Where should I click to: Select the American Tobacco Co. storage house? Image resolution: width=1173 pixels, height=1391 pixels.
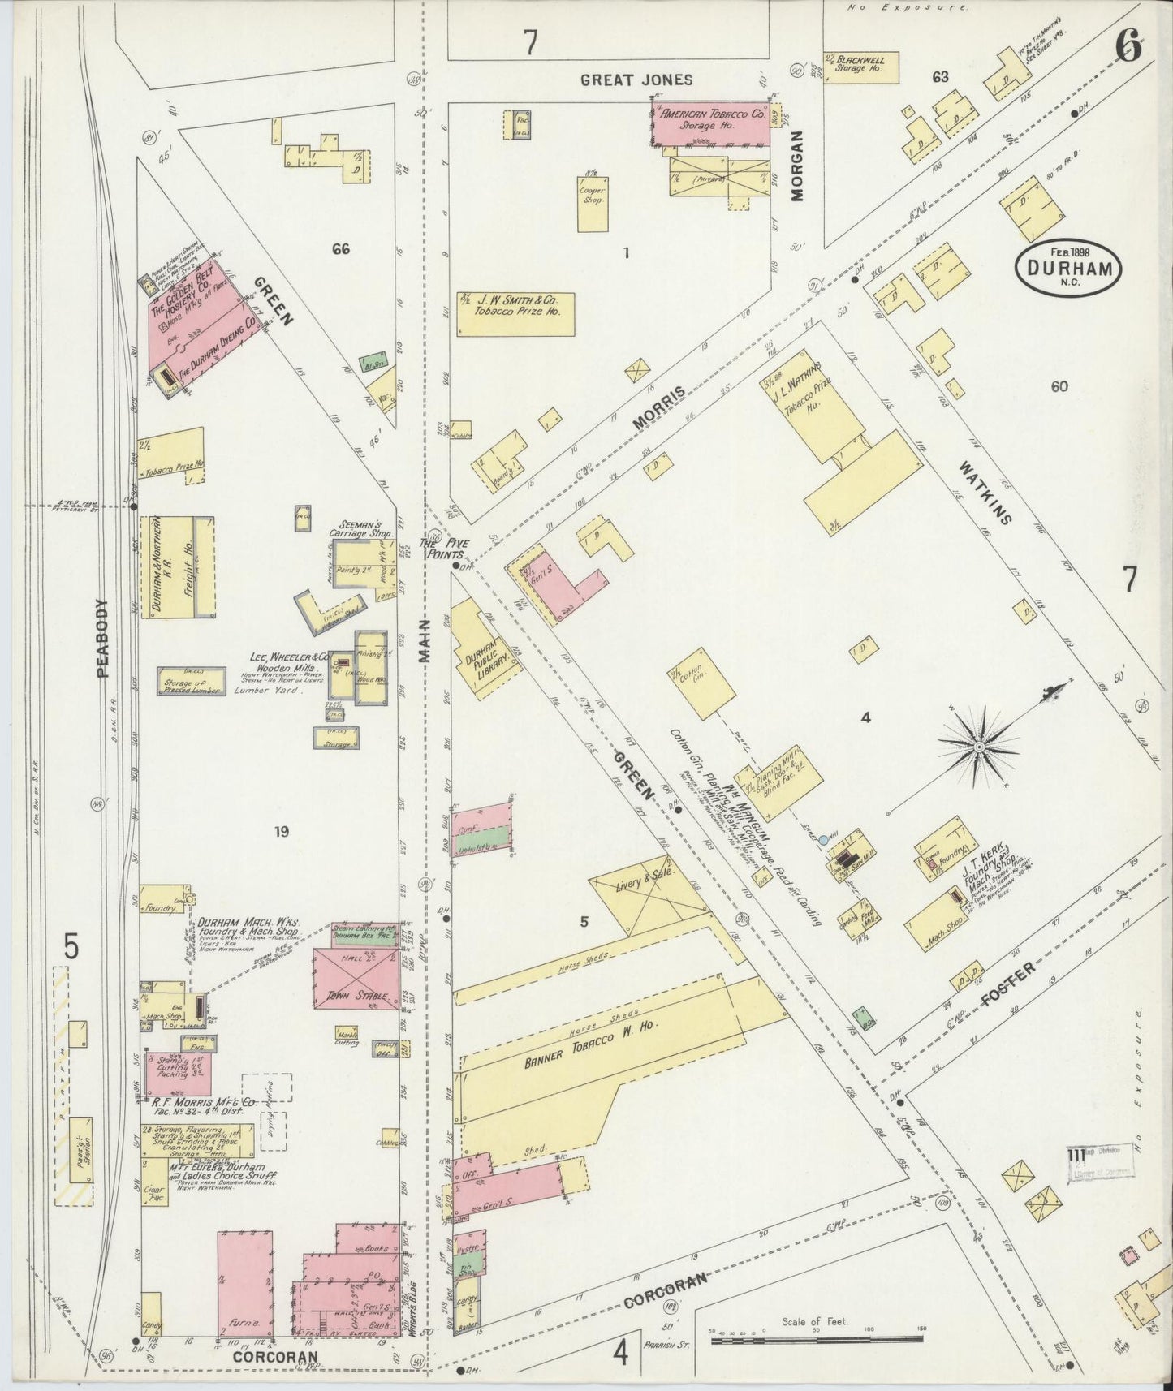click(712, 123)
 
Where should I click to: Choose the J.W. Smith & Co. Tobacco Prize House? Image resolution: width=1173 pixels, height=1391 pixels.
click(515, 313)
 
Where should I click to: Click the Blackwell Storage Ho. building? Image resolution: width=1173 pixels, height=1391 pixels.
click(861, 67)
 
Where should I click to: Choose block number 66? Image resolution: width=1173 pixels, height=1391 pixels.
click(340, 249)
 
